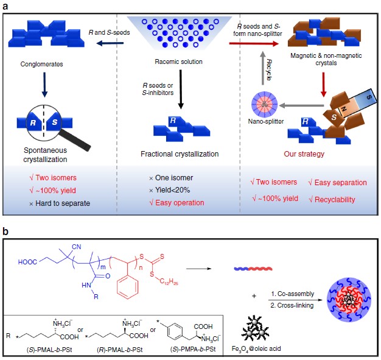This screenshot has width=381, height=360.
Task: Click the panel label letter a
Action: tap(6, 6)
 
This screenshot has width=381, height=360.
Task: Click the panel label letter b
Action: tap(6, 232)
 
